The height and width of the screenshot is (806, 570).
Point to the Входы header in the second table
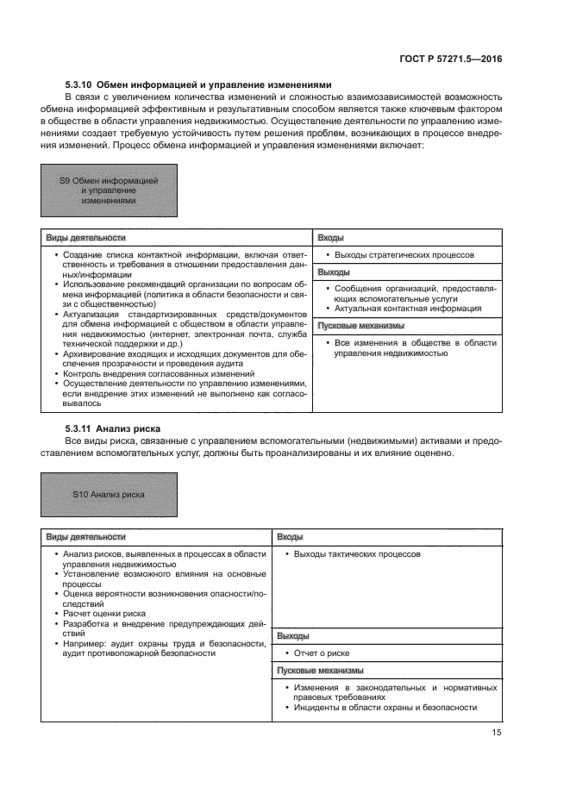tap(290, 536)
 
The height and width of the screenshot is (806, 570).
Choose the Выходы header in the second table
tap(292, 636)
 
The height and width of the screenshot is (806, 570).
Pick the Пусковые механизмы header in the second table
tap(320, 671)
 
